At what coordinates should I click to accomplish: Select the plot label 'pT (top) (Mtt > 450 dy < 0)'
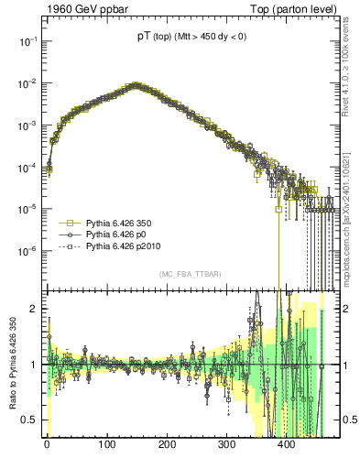(x=185, y=37)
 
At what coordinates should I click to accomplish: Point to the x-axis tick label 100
(x=106, y=444)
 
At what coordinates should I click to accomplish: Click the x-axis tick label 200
(x=167, y=444)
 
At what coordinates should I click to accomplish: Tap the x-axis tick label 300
(x=226, y=444)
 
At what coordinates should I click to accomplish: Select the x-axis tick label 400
(x=286, y=444)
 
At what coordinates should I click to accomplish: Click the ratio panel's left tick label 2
(x=33, y=309)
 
